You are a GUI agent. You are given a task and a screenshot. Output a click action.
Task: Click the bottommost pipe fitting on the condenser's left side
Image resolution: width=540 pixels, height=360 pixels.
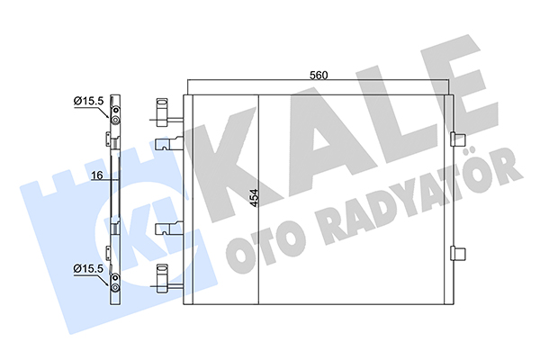point(166,283)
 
